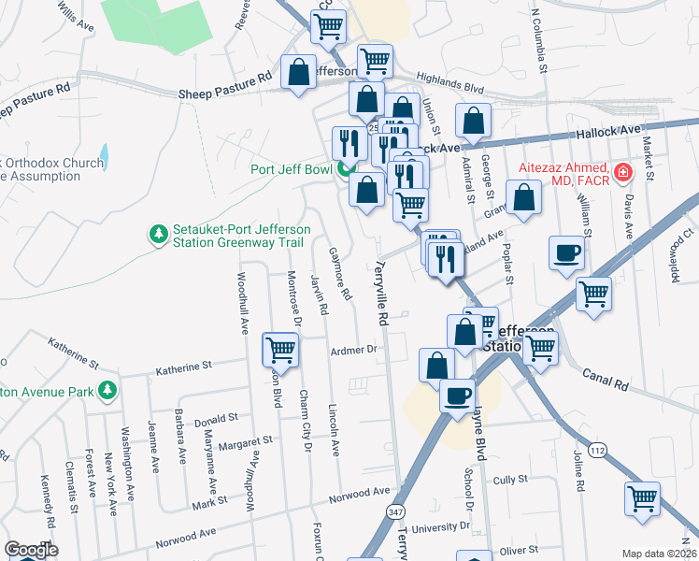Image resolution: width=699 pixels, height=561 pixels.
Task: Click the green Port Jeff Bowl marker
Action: pyautogui.click(x=344, y=170)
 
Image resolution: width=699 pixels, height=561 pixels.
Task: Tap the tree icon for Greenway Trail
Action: pyautogui.click(x=159, y=232)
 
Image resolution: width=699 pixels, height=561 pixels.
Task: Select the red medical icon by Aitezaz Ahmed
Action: pyautogui.click(x=621, y=172)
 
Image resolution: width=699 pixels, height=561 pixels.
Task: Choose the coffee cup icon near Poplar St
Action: pyautogui.click(x=566, y=252)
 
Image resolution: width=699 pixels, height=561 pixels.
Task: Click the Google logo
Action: pyautogui.click(x=31, y=550)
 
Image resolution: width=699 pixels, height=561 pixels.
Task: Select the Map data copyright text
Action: pyautogui.click(x=659, y=554)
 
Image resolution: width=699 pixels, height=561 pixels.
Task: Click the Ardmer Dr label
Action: pyautogui.click(x=352, y=350)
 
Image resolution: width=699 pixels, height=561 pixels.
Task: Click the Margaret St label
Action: pyautogui.click(x=246, y=439)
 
